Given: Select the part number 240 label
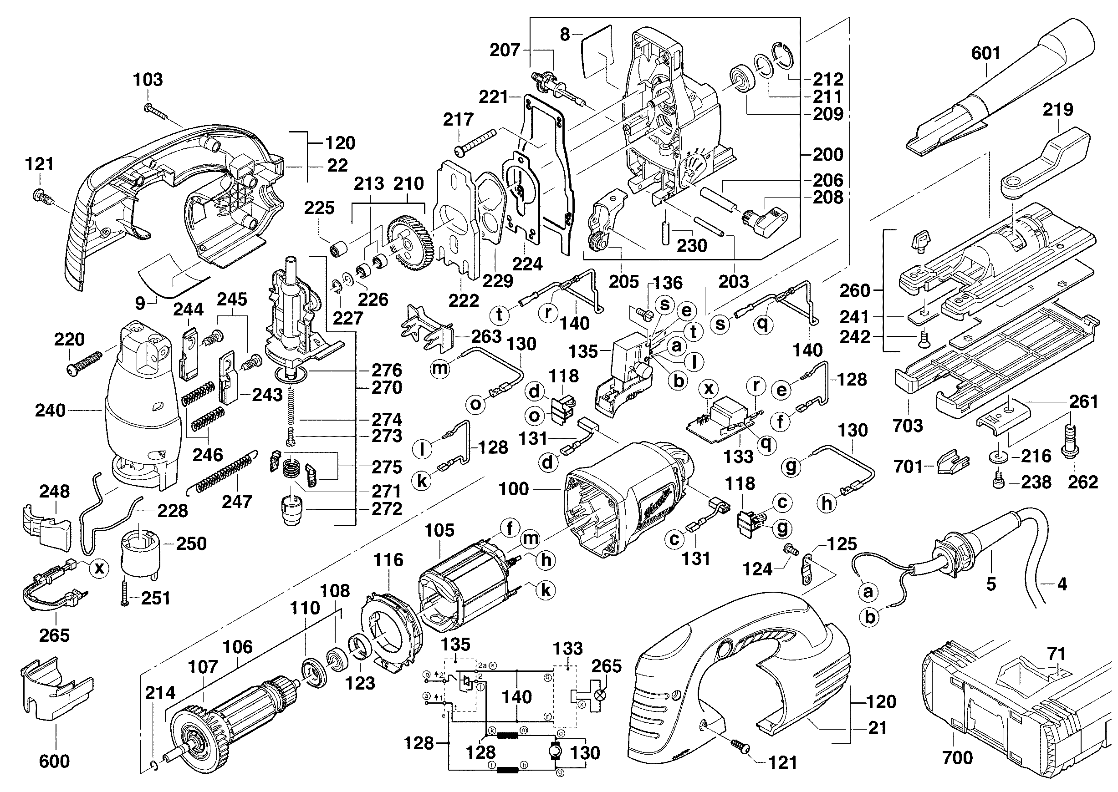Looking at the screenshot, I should [x=50, y=411].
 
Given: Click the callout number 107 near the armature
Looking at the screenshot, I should [x=203, y=667].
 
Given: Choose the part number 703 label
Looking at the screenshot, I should [x=908, y=426].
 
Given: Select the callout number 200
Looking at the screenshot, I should [x=828, y=155].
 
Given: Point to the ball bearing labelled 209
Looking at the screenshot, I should [x=741, y=80].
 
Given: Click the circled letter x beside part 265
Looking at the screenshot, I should [x=100, y=568].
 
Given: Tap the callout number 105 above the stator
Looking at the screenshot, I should [x=439, y=531].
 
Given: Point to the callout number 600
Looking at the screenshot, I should [x=54, y=761].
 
